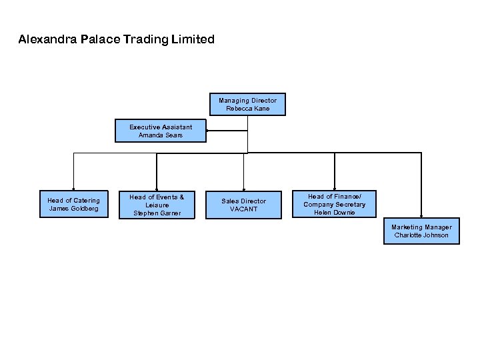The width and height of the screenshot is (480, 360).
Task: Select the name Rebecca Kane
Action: [247, 109]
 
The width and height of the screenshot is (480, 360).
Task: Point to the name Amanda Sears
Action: [161, 135]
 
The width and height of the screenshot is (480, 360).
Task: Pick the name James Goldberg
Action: [73, 209]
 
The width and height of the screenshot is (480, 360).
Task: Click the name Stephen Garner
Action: [157, 213]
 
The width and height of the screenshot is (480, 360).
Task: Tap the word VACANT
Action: [243, 209]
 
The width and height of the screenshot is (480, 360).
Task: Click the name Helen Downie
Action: [335, 213]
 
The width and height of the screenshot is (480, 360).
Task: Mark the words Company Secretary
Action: [335, 205]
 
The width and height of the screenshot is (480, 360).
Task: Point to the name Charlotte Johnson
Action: [421, 235]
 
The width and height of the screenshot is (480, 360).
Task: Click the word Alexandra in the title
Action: [47, 39]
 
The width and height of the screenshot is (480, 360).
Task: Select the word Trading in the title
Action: [145, 39]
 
